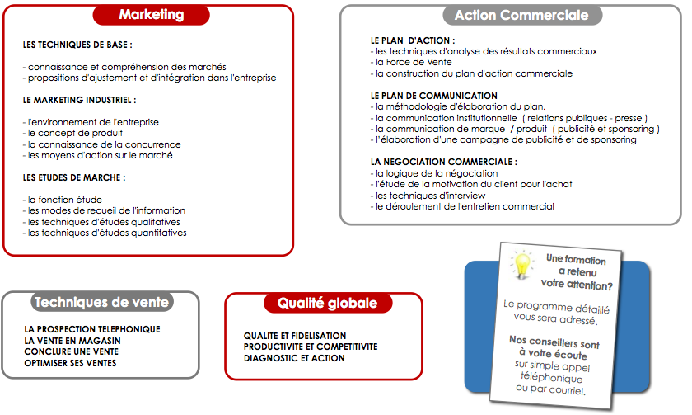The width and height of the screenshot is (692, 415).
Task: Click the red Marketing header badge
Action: click(152, 15)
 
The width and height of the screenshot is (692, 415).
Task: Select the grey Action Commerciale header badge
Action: click(521, 16)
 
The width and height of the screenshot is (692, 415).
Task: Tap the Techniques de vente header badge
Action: click(101, 302)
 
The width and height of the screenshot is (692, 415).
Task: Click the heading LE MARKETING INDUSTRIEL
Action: click(80, 100)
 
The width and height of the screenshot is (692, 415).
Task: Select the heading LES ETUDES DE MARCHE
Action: click(74, 177)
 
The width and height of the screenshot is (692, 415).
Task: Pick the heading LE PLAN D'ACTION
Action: click(413, 40)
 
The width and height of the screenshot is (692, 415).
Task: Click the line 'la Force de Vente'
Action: click(412, 62)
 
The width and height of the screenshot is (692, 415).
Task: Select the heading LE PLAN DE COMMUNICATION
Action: click(434, 96)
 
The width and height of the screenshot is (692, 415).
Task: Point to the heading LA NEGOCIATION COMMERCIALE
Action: click(444, 162)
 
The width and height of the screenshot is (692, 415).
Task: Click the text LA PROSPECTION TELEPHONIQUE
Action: click(92, 329)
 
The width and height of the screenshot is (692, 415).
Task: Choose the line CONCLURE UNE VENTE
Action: click(72, 351)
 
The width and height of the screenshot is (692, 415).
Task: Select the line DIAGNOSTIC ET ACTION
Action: click(294, 358)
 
